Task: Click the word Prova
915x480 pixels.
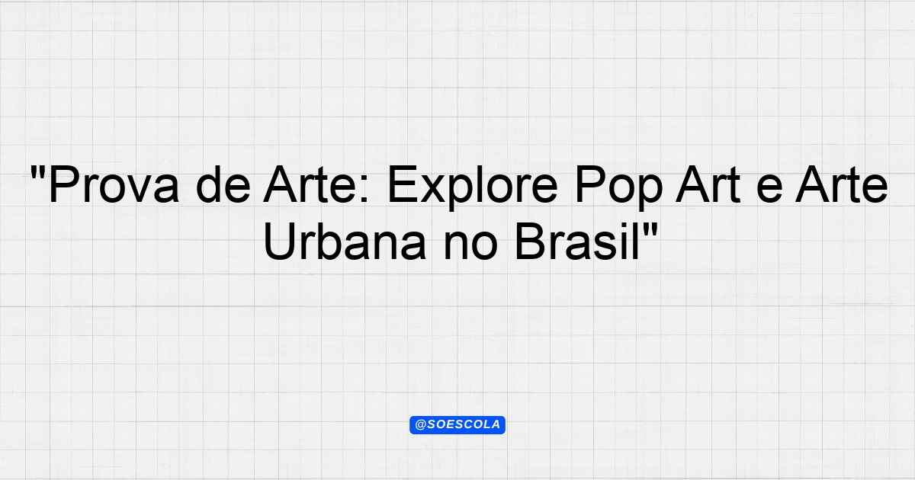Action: coord(114,184)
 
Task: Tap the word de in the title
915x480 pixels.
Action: coord(223,184)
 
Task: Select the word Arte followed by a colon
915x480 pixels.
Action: coord(312,184)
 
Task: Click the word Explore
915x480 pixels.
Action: coord(473,187)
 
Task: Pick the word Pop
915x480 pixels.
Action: coord(618,187)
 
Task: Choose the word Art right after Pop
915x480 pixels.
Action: coord(708,184)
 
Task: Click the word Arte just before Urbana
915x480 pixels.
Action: coord(842,184)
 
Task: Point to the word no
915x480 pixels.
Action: coord(470,246)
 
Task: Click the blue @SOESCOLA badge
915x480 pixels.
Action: coord(457,425)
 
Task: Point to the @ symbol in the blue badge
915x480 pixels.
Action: coord(420,425)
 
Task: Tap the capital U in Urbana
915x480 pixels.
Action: coord(279,242)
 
